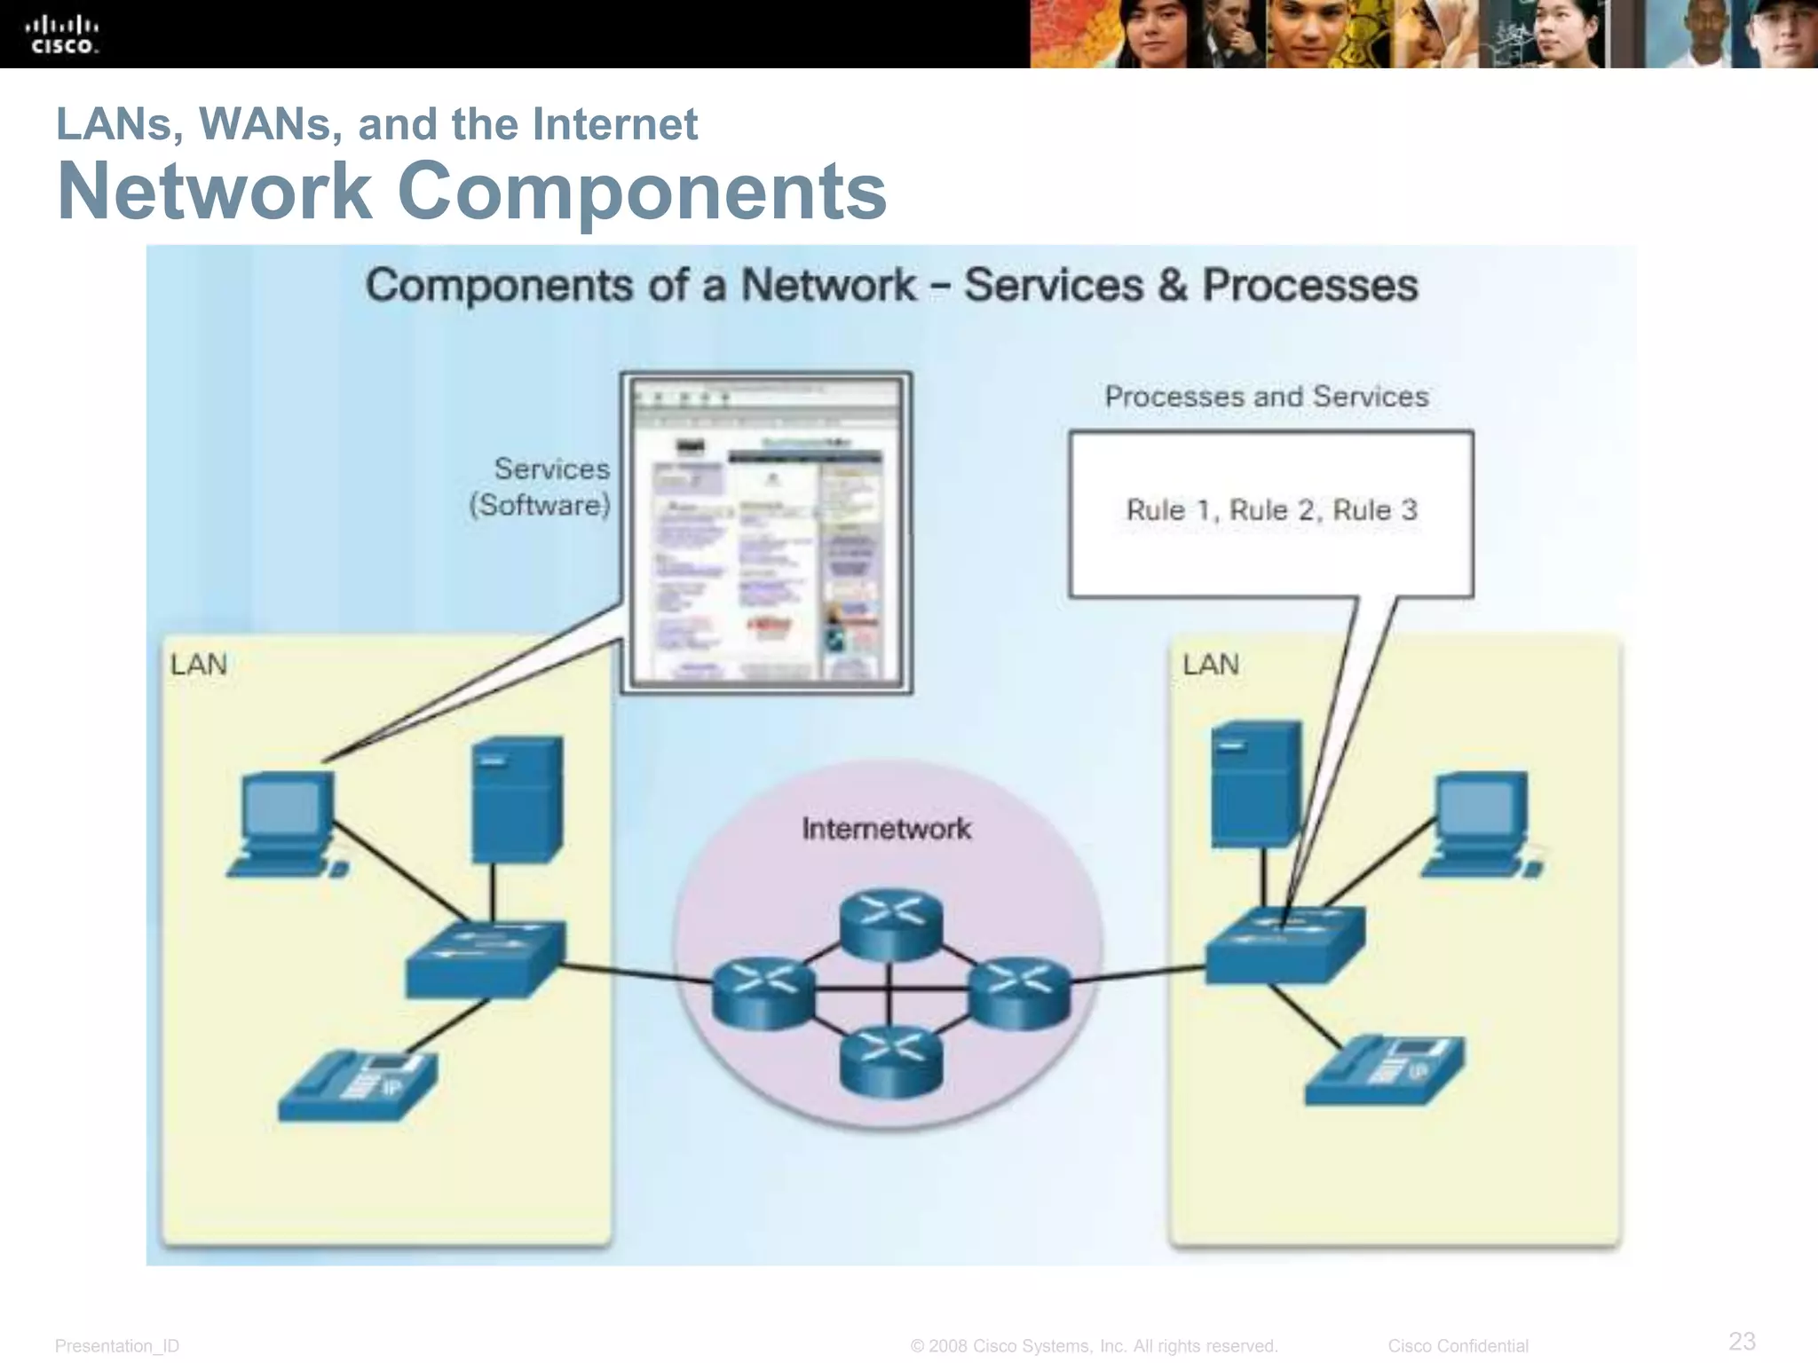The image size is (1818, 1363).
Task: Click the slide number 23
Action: [1742, 1340]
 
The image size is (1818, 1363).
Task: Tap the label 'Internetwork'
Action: [886, 829]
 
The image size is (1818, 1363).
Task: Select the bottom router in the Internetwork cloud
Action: [890, 1061]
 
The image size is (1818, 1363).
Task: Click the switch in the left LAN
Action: [485, 960]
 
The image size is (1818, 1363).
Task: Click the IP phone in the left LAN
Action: [358, 1086]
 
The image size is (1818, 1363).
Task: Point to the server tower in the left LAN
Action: [517, 799]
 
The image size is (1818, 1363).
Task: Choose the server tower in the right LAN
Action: [1255, 784]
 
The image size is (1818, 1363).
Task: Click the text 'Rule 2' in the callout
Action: [1271, 510]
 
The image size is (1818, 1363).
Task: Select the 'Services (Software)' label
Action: [541, 486]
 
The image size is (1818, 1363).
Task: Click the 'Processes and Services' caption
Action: [1266, 397]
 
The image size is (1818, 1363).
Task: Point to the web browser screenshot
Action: [766, 532]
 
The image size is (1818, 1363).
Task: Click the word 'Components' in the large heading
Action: [641, 191]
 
